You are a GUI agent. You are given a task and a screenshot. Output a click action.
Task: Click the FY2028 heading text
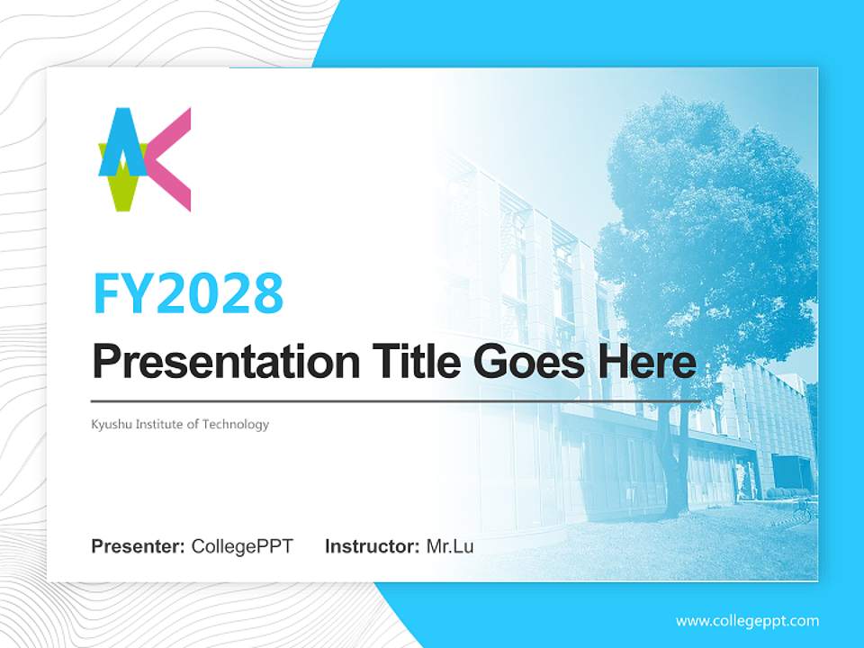[188, 293]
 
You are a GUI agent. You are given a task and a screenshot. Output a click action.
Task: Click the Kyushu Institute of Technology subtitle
[180, 424]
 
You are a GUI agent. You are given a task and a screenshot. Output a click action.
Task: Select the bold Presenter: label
[139, 546]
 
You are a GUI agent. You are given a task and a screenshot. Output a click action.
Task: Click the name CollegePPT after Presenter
[242, 546]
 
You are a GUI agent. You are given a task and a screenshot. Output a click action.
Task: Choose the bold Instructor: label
[372, 546]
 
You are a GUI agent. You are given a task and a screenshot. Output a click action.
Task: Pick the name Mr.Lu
[450, 546]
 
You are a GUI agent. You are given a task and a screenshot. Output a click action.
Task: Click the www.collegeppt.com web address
[747, 621]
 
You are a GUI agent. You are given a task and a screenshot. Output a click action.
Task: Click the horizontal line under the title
[396, 400]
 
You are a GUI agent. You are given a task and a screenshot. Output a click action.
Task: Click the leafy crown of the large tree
[702, 216]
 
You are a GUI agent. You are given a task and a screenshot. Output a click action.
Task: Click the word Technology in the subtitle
[238, 424]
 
